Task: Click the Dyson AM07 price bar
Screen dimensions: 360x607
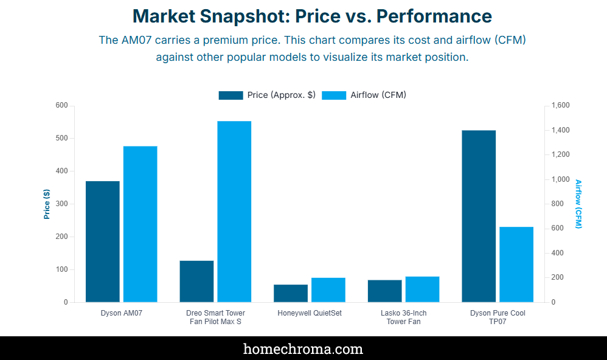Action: pos(102,241)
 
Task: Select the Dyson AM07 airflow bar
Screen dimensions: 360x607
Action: pos(140,224)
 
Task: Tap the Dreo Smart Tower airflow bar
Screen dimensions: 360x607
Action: pos(234,212)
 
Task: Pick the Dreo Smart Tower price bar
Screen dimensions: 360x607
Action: pos(196,281)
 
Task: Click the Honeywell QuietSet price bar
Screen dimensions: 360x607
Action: pos(291,293)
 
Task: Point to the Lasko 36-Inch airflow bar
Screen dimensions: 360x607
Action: pos(422,289)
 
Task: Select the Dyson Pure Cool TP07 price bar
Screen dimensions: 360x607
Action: pos(479,216)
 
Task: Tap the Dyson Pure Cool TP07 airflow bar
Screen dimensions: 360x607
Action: pos(516,265)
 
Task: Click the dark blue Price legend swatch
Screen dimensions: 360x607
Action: pos(231,95)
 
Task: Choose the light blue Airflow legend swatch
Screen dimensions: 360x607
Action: pos(334,95)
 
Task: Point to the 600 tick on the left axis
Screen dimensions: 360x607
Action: pos(61,105)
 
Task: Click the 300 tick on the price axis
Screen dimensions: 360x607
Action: pos(61,204)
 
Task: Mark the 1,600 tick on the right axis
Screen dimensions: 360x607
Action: pos(561,105)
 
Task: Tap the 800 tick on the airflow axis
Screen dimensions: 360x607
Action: pos(558,204)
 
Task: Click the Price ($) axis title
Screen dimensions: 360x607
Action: pos(47,204)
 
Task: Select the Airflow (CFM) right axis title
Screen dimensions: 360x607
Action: pos(578,204)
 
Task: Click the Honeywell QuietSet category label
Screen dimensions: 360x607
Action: pos(310,313)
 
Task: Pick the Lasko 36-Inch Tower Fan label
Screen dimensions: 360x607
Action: pos(403,317)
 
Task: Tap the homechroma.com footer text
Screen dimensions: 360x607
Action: pos(303,348)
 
